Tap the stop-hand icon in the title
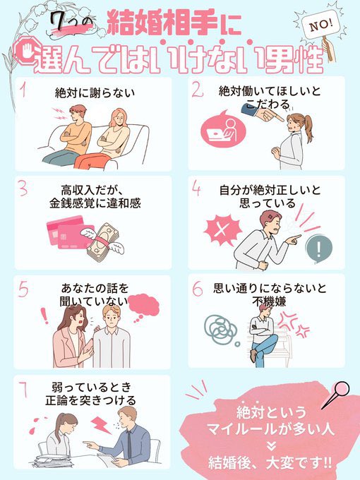click(x=27, y=52)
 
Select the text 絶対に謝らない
click(x=95, y=92)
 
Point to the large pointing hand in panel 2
click(x=262, y=113)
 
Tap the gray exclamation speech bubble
click(x=319, y=249)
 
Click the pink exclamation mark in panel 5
click(x=44, y=316)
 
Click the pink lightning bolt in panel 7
click(x=101, y=425)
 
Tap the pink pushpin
click(x=337, y=394)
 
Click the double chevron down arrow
click(x=270, y=445)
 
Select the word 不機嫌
click(x=270, y=301)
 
